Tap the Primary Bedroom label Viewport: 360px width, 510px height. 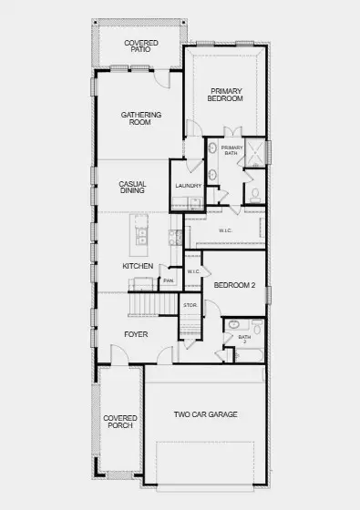pyautogui.click(x=226, y=95)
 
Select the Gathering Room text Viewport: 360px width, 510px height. pyautogui.click(x=141, y=118)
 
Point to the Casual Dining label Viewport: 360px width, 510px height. pyautogui.click(x=133, y=188)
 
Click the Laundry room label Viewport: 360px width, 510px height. pyautogui.click(x=188, y=186)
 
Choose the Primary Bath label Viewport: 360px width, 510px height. pyautogui.click(x=231, y=150)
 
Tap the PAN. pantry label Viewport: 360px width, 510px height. pyautogui.click(x=169, y=280)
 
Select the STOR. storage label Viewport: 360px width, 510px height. pyautogui.click(x=190, y=305)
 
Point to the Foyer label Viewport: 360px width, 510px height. pyautogui.click(x=136, y=334)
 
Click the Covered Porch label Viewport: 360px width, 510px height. pyautogui.click(x=120, y=421)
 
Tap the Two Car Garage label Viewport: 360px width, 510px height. pyautogui.click(x=206, y=414)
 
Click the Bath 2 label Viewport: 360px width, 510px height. pyautogui.click(x=244, y=339)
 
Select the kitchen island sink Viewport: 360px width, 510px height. pyautogui.click(x=142, y=236)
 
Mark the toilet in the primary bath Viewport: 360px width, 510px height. pyautogui.click(x=255, y=194)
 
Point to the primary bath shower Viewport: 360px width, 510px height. pyautogui.click(x=256, y=151)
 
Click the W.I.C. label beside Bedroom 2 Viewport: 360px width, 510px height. pyautogui.click(x=193, y=271)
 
